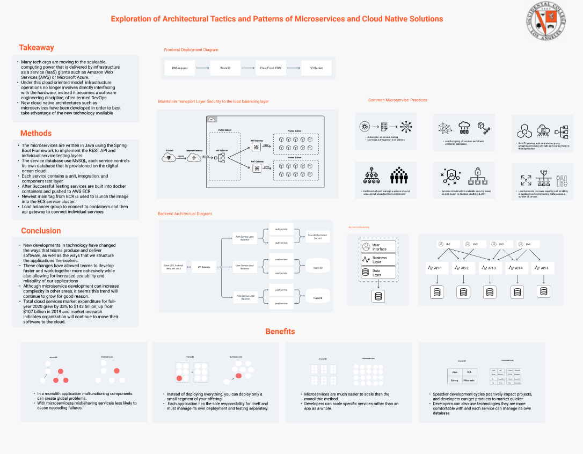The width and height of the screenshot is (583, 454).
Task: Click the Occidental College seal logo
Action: (545, 20)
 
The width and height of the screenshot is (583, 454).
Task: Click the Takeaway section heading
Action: (37, 47)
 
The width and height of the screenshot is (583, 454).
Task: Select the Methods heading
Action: (36, 133)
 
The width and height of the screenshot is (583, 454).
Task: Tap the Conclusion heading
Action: (41, 231)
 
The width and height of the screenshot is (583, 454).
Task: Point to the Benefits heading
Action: (280, 331)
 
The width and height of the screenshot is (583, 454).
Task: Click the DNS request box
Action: (179, 68)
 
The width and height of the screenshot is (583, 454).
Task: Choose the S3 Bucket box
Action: (316, 68)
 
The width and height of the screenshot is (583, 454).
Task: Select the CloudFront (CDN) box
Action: (271, 68)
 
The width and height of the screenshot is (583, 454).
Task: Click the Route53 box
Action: (225, 68)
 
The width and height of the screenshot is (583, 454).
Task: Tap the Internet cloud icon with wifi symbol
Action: (170, 157)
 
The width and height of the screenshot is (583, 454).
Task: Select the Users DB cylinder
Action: (317, 266)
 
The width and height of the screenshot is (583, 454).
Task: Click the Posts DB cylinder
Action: (317, 296)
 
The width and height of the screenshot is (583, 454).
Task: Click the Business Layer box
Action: (378, 260)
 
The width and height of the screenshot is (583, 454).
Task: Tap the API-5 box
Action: (542, 268)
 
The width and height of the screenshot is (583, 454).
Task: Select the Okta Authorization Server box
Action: (317, 236)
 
